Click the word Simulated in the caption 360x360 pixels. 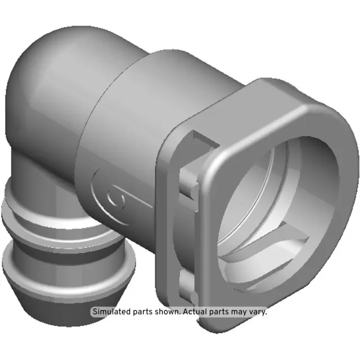[x=111, y=312]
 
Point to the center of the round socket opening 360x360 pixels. [x=270, y=197]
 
